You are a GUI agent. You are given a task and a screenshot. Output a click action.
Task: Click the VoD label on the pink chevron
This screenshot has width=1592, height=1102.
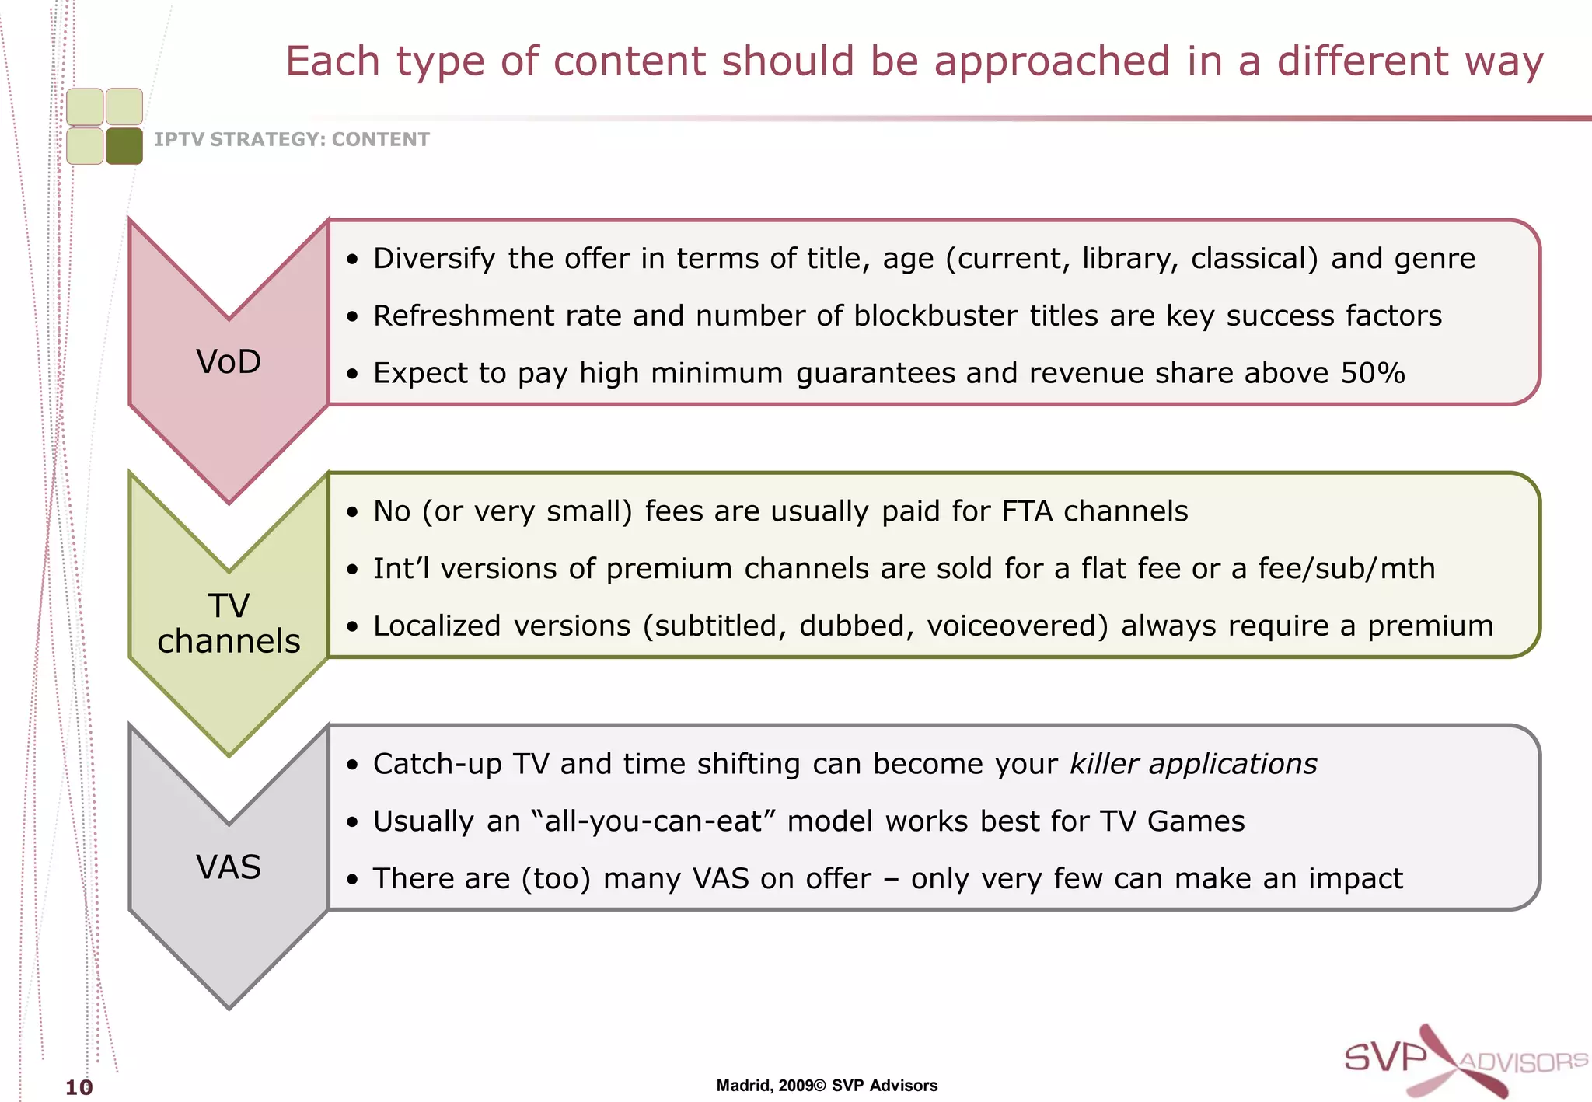tap(229, 362)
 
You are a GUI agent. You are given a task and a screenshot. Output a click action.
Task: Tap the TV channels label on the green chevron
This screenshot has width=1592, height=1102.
tap(229, 623)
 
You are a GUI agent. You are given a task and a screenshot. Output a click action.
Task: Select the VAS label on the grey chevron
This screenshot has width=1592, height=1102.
tap(229, 867)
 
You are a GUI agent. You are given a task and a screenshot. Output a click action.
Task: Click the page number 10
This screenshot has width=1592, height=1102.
tap(79, 1086)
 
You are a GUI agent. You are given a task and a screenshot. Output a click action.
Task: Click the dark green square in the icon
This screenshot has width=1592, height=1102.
tap(124, 146)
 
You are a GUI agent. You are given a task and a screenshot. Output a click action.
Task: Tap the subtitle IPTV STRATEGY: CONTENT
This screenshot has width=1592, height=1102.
tap(292, 140)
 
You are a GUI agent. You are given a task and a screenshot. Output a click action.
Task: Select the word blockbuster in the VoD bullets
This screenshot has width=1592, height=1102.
tap(936, 316)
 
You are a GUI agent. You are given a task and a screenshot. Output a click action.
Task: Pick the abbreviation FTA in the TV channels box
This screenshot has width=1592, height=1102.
tap(1027, 511)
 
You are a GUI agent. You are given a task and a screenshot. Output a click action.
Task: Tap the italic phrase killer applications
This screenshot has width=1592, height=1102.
tap(1193, 764)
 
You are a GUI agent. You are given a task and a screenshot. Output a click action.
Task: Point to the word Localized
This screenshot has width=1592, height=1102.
tap(437, 626)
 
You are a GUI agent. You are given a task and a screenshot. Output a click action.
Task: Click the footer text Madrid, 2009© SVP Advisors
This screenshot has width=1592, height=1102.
tap(826, 1086)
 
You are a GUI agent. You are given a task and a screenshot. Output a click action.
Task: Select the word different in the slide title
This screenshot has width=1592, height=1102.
tap(1363, 61)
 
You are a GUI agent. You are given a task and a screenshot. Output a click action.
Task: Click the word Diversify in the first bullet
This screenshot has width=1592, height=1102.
tap(434, 259)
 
